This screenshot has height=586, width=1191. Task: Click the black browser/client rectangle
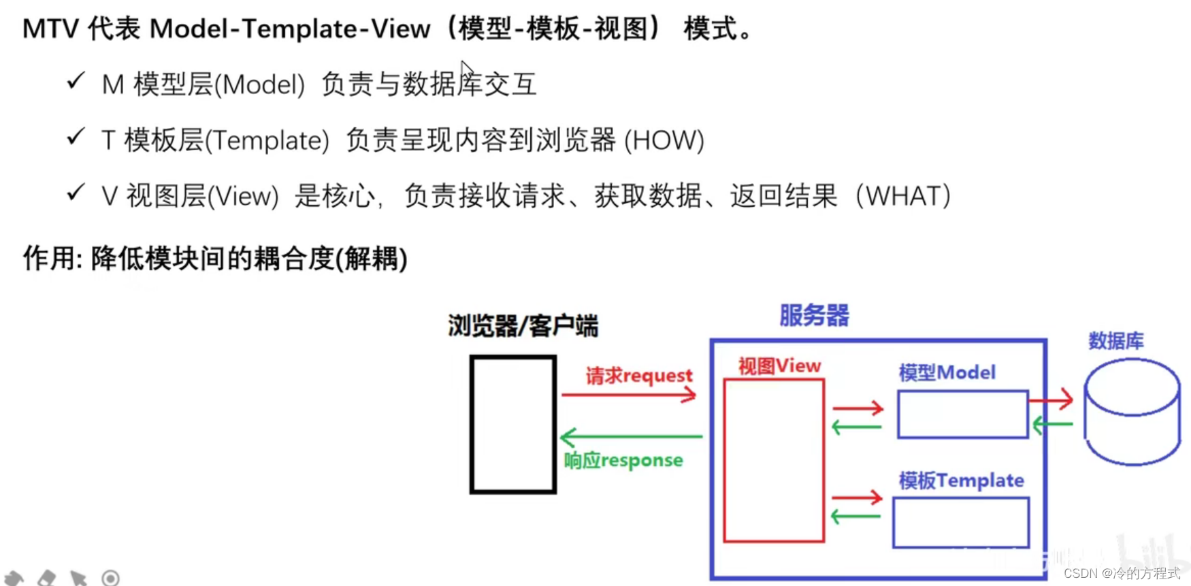512,423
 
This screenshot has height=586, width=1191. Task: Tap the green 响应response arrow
631,436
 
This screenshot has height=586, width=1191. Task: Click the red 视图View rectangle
774,460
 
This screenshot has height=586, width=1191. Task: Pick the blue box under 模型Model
962,414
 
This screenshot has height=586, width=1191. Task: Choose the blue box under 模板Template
961,523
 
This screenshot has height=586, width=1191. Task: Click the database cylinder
1132,412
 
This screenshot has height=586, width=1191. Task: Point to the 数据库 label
1115,340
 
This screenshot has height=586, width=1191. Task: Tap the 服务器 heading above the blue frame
814,316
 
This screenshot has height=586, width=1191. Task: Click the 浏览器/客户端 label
523,326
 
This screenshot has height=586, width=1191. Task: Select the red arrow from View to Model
858,408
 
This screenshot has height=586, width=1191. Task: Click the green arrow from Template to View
856,517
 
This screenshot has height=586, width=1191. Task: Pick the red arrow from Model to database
1051,400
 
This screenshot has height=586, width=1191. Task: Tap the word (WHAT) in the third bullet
903,197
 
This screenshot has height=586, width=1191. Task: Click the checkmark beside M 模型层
76,82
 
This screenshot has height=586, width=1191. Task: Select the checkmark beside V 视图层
76,193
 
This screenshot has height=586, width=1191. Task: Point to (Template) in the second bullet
267,141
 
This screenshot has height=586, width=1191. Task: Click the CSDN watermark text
1122,574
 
